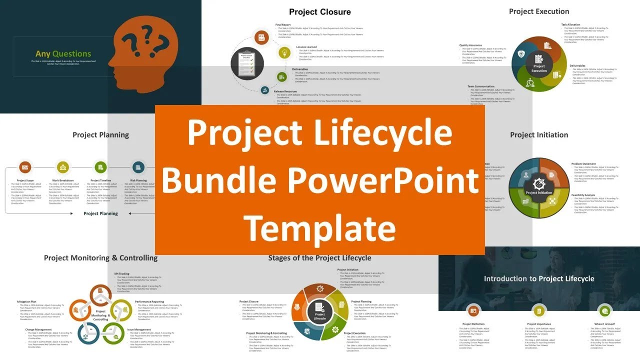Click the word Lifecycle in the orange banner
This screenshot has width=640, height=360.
tap(376, 132)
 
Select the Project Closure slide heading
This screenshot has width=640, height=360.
tap(320, 12)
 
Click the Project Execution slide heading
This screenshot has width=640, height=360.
tap(539, 11)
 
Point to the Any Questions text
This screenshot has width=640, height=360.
tap(63, 54)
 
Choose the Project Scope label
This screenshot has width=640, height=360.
tap(25, 180)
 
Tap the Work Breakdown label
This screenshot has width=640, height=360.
tap(63, 180)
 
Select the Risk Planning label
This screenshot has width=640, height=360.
tap(138, 180)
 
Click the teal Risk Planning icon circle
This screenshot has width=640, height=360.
tap(138, 167)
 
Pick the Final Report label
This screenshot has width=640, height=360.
tap(283, 24)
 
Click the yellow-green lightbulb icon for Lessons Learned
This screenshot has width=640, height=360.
tap(284, 52)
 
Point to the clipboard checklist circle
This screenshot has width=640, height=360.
tap(247, 64)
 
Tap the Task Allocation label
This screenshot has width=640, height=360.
tap(570, 24)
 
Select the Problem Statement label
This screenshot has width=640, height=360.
tap(583, 164)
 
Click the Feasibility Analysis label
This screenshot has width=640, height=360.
tap(583, 195)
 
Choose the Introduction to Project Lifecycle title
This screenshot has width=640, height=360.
tap(539, 278)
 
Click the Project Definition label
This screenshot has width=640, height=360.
tap(473, 324)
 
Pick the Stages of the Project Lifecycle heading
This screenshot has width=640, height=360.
tap(319, 258)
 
